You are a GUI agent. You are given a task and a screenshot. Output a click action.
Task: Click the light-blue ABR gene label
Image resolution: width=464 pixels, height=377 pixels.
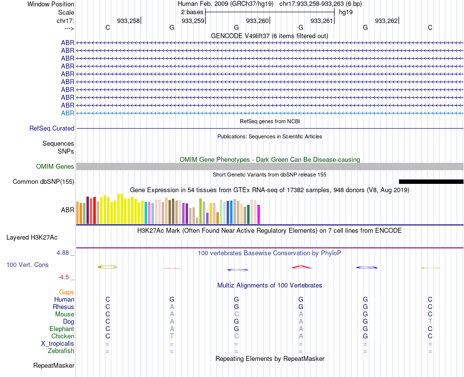[67, 113]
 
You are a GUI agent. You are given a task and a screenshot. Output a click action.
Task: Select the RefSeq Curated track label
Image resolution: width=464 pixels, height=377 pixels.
[52, 128]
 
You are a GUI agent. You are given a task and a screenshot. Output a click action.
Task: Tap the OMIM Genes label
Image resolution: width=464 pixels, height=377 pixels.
[55, 166]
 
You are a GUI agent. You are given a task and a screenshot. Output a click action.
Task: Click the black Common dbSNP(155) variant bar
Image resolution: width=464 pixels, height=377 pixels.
[431, 181]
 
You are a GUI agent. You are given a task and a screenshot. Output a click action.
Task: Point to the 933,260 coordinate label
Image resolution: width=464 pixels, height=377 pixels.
[257, 21]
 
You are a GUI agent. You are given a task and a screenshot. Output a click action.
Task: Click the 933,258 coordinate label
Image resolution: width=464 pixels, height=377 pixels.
[128, 21]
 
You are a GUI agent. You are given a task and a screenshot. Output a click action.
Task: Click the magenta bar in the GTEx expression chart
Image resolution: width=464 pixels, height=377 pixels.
[258, 214]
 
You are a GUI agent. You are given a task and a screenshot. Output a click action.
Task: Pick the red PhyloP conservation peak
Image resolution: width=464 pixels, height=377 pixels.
[301, 266]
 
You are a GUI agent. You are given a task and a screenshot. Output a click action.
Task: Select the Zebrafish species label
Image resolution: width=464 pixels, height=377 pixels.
[61, 351]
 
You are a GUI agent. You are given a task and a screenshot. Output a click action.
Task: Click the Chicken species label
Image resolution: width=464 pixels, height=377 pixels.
[63, 336]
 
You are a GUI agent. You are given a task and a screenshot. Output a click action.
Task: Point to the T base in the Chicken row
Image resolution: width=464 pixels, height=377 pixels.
[172, 336]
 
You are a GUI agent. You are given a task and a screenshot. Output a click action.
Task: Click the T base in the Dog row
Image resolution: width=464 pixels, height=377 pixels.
[430, 321]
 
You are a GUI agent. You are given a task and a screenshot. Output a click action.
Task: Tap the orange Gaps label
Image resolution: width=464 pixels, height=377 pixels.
[66, 292]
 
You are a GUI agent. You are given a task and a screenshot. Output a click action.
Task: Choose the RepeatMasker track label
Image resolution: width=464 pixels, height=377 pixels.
[54, 365]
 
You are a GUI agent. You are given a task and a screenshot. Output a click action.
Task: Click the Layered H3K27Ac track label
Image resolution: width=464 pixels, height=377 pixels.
[32, 238]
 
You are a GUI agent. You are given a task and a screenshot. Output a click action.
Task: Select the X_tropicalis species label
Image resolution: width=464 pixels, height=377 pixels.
[58, 343]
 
